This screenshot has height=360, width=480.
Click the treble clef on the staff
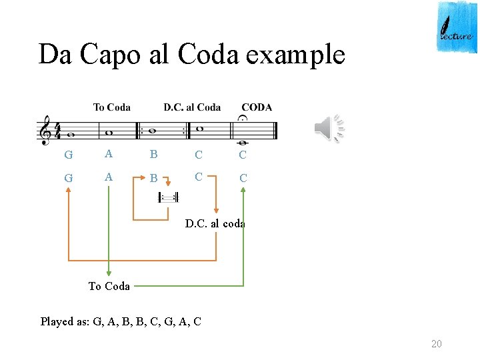coord(45,130)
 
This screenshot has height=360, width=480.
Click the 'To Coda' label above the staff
coord(111,107)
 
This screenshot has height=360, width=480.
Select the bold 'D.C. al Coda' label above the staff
coord(192,107)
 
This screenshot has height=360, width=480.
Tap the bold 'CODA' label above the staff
coord(257,107)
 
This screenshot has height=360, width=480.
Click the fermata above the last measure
coord(242,119)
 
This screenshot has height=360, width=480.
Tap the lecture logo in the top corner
coord(457,27)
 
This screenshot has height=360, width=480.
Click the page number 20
coord(437,343)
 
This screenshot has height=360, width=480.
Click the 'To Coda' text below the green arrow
coord(109,286)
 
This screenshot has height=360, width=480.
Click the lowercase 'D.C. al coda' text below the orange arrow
coord(215,224)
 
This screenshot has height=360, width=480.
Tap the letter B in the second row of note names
coord(154,179)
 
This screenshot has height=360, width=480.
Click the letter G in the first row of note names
coord(68,155)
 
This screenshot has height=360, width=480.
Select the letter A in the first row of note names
coord(109,154)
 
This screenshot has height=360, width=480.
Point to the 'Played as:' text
coord(65,321)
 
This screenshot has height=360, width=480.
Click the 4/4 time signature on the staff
coord(57,130)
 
